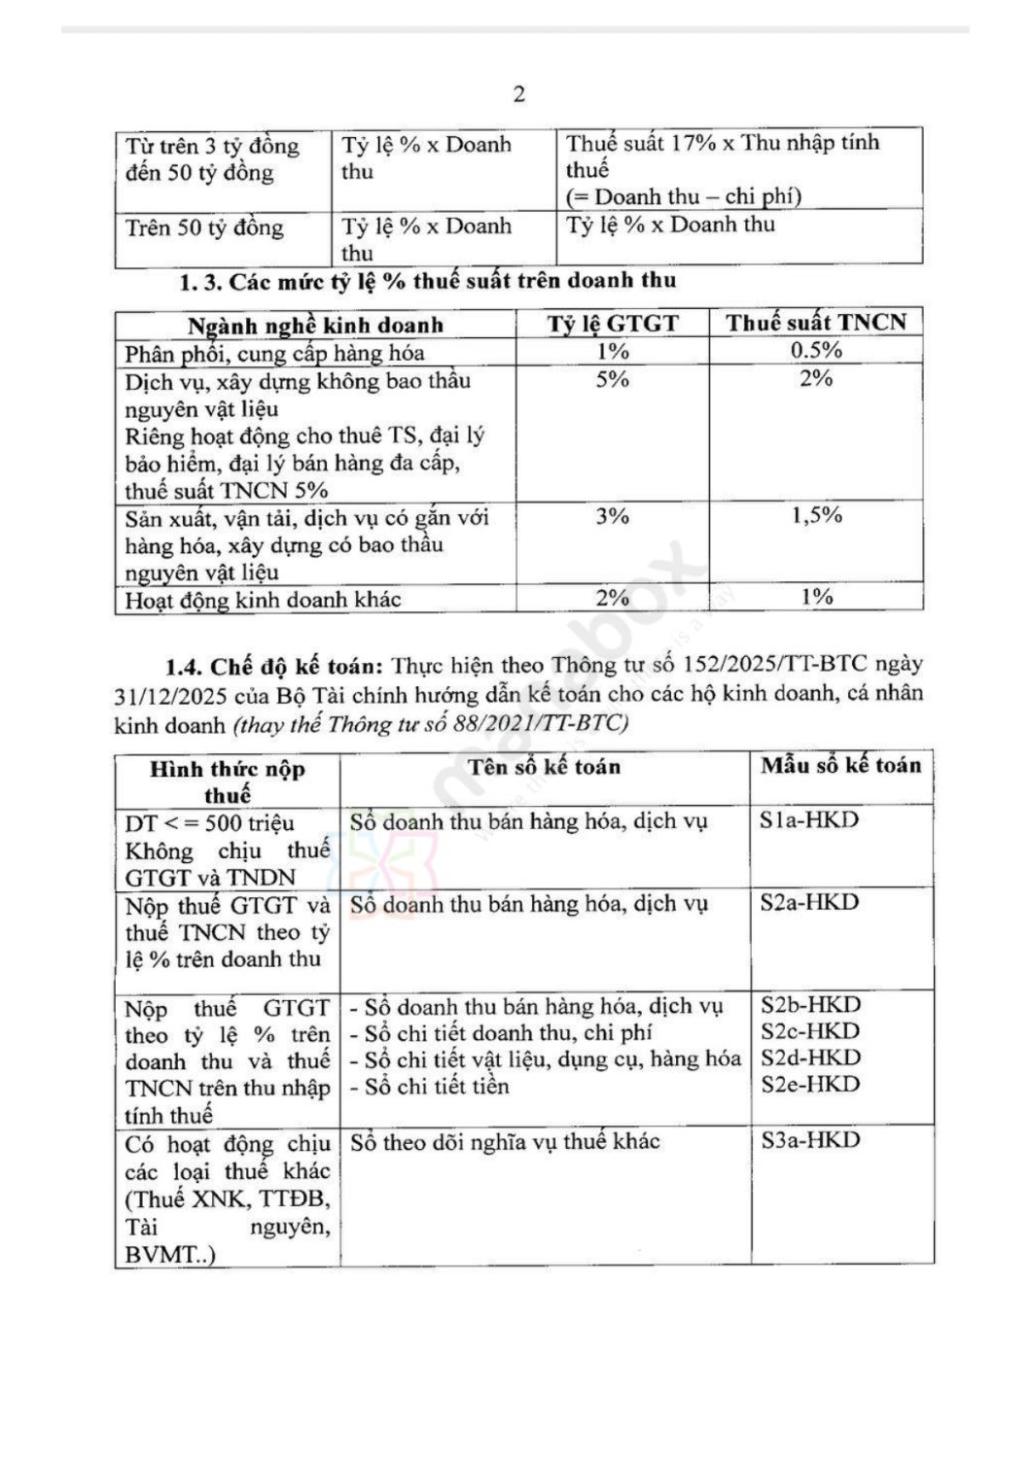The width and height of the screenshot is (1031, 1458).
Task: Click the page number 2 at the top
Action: click(518, 94)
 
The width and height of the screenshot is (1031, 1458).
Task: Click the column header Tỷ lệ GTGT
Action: click(612, 324)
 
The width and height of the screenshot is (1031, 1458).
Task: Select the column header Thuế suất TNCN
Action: click(815, 323)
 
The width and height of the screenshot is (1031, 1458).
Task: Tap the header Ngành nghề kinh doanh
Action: click(315, 325)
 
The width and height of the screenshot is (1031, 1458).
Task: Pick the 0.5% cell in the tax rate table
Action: click(815, 351)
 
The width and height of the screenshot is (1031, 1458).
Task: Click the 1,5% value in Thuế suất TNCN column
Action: click(816, 515)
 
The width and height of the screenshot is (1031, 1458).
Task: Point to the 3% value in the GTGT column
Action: click(612, 516)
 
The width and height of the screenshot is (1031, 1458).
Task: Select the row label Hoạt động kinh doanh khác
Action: click(263, 600)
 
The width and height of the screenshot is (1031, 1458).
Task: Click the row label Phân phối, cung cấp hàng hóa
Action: click(274, 353)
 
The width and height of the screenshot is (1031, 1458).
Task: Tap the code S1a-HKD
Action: click(809, 820)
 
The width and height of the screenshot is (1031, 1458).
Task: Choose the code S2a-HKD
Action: click(809, 903)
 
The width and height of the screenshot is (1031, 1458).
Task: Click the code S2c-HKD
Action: click(810, 1031)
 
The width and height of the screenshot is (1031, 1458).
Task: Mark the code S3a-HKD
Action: click(810, 1140)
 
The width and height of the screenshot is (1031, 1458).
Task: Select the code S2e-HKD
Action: click(810, 1085)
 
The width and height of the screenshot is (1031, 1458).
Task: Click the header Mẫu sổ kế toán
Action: click(840, 766)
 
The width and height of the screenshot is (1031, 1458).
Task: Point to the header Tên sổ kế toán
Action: click(544, 767)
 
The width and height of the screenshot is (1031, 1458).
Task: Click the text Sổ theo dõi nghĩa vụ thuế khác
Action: click(505, 1142)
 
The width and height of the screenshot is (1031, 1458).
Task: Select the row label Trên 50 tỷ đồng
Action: click(204, 228)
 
